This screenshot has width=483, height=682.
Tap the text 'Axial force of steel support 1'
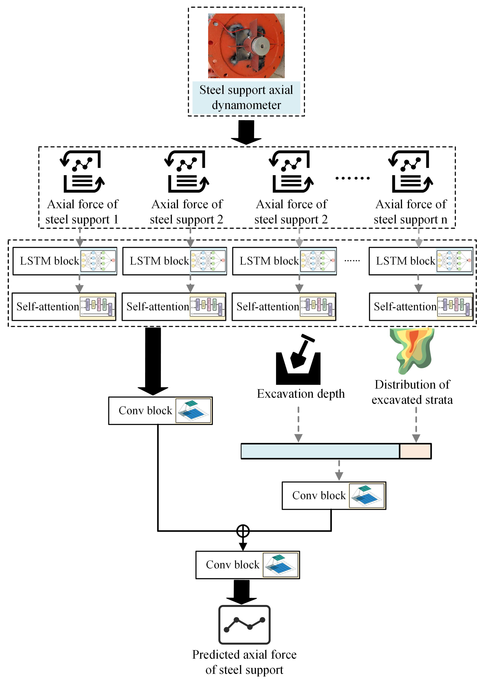tap(82, 212)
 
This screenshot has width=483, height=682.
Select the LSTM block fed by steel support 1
tap(65, 261)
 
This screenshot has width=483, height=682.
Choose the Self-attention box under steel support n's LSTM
tap(421, 306)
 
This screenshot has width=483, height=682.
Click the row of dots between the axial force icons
tap(352, 178)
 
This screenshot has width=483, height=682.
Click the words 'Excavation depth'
tap(301, 394)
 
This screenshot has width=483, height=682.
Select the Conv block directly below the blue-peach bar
tap(334, 496)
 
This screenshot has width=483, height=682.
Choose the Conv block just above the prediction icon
tap(247, 565)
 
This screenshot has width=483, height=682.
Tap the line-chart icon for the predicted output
tap(244, 624)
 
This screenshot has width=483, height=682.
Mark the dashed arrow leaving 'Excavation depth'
tap(298, 424)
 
